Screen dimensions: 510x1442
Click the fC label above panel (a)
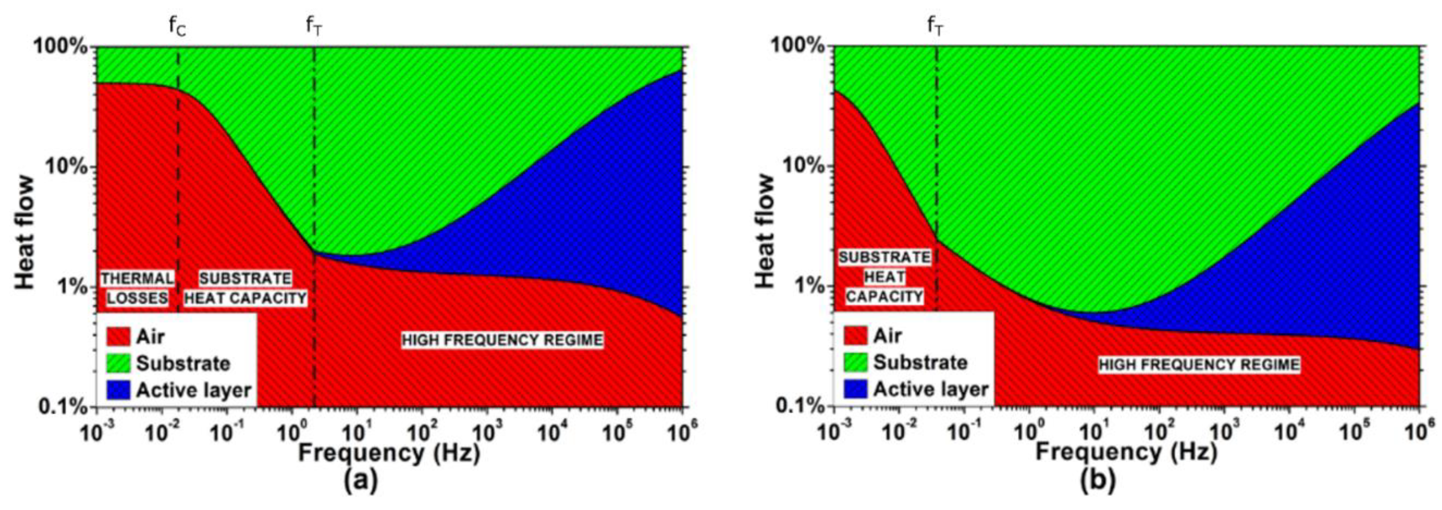[x=177, y=26]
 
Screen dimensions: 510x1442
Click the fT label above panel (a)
[x=313, y=26]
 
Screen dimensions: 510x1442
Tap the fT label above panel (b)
[x=935, y=26]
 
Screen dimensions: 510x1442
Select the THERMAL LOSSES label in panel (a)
[x=137, y=288]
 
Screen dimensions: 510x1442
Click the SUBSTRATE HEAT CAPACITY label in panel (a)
[x=246, y=288]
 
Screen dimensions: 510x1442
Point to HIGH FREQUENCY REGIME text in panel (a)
[x=502, y=340]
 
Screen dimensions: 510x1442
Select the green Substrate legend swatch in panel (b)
[x=855, y=363]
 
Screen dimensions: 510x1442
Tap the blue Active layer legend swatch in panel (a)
[x=118, y=390]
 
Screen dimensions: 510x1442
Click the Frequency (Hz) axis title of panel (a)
[x=389, y=452]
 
